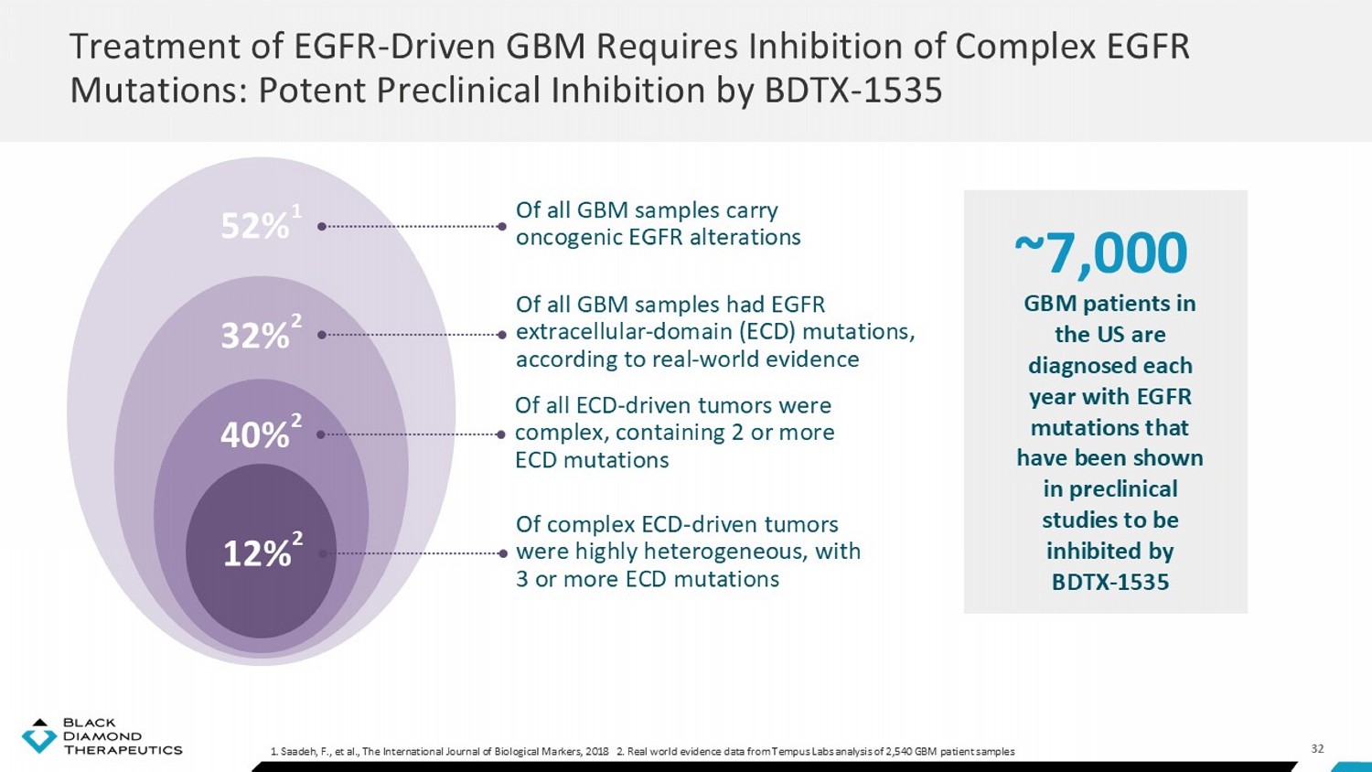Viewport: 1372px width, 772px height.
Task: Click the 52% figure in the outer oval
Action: click(255, 227)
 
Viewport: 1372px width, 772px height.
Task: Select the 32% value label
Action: click(255, 336)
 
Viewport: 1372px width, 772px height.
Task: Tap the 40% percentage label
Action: click(255, 435)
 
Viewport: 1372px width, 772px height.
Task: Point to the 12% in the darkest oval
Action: click(256, 554)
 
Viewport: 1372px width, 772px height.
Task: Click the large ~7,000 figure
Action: click(1101, 253)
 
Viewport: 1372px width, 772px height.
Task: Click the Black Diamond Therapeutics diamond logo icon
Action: click(39, 735)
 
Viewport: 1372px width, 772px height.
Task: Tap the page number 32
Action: click(1317, 749)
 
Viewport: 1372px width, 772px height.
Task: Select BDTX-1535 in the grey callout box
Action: click(1109, 582)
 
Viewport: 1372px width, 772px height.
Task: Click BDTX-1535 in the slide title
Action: click(852, 90)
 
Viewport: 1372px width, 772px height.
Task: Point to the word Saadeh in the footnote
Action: click(294, 751)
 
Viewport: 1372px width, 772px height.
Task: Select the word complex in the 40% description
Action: click(562, 434)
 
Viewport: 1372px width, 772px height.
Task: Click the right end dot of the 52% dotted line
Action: click(501, 227)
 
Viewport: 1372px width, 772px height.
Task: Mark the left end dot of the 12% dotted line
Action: click(322, 554)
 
